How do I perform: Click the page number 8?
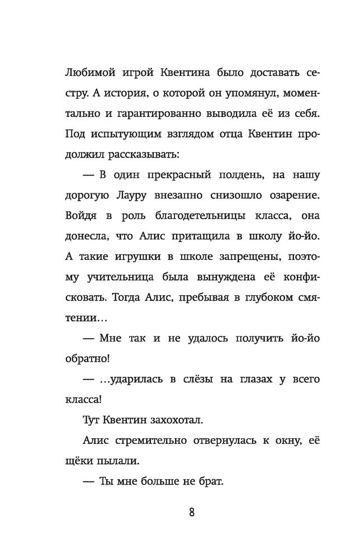[192, 513]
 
